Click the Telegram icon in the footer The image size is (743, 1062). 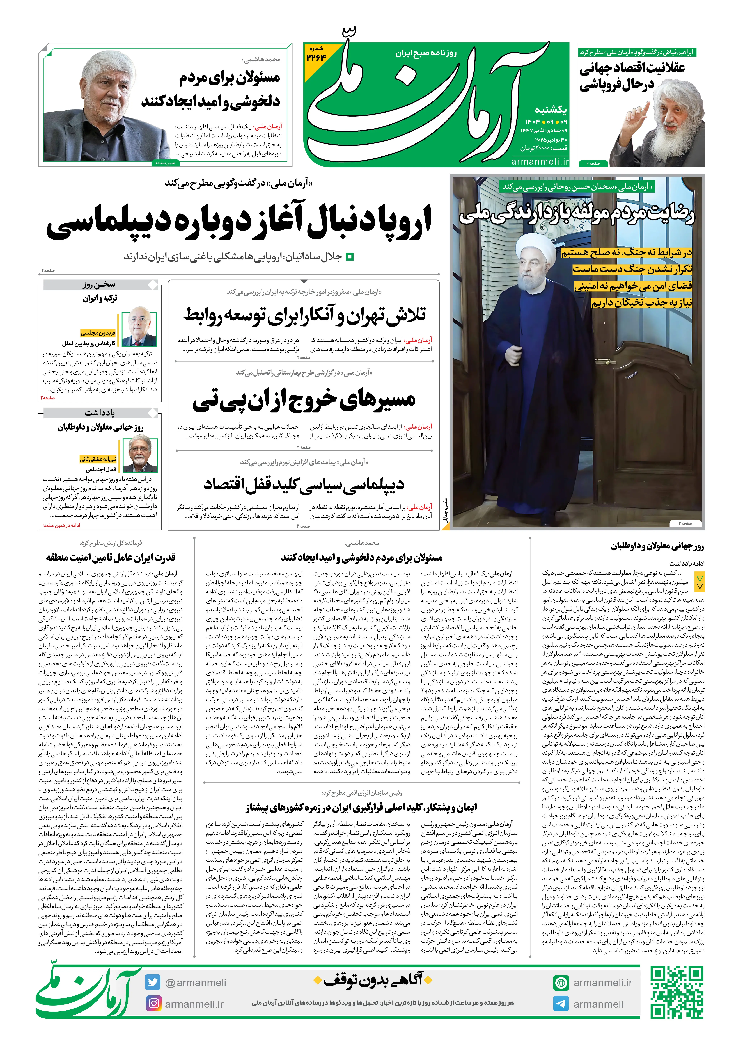click(561, 1004)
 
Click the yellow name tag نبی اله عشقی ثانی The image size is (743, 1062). click(98, 459)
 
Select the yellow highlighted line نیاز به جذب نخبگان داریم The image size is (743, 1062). click(642, 302)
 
